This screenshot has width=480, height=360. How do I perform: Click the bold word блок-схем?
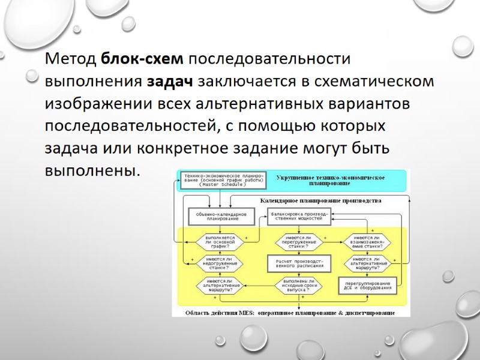tap(143, 59)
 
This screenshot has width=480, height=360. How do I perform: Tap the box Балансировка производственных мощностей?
tap(298, 216)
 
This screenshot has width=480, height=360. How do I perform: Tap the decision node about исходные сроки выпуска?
tap(298, 284)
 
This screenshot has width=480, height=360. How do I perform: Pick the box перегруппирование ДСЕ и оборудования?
tap(368, 284)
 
